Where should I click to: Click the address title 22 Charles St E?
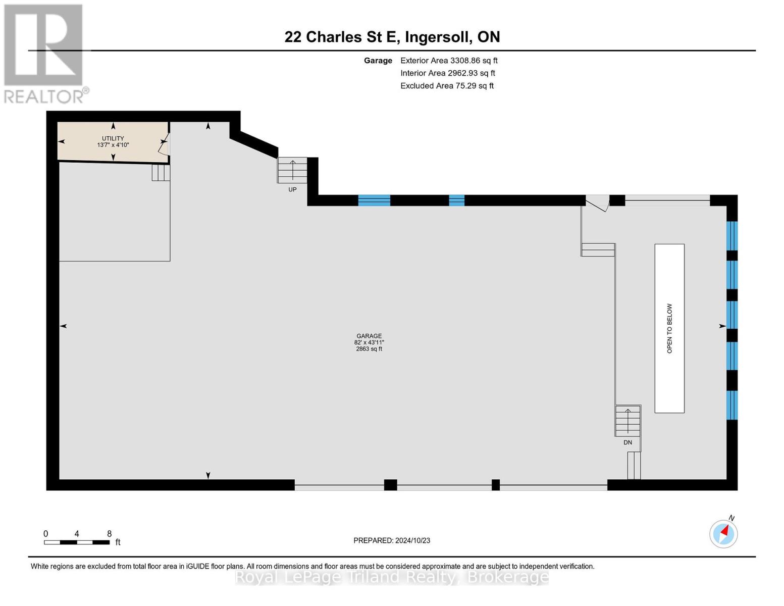coord(392,37)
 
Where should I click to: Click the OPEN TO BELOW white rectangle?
coord(669,328)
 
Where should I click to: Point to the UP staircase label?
coord(292,189)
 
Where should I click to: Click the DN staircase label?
coord(628,442)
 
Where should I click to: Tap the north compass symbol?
coord(724,533)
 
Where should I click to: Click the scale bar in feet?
coord(77,542)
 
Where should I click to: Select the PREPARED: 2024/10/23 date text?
coord(392,540)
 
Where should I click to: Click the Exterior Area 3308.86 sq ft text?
coord(449,61)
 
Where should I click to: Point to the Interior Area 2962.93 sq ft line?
coord(448,73)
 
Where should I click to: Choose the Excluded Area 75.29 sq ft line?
coord(447,86)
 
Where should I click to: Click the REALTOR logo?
coord(44,53)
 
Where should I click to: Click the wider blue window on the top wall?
coord(374,200)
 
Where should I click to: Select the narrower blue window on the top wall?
coord(456,200)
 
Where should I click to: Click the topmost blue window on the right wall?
coord(731,236)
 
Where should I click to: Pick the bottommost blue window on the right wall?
coord(731,405)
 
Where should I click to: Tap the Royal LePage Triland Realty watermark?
coord(392,577)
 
